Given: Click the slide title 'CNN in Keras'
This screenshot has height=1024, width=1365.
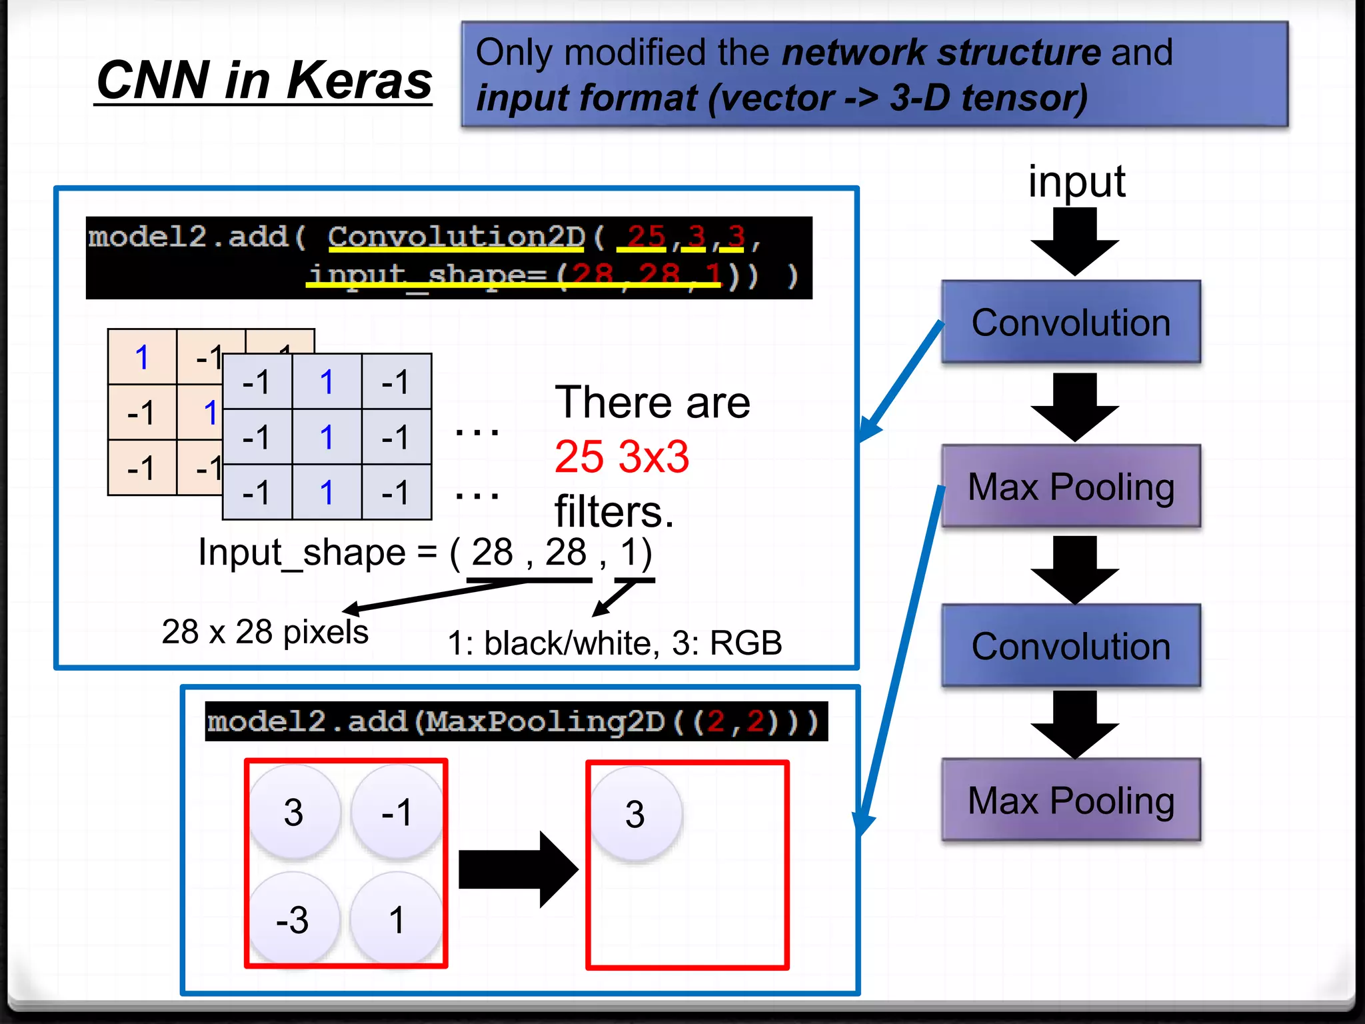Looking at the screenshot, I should click(264, 81).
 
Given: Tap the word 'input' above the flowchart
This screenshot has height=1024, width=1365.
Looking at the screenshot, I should click(1076, 181).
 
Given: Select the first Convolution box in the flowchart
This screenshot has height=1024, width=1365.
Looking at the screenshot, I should click(1070, 323).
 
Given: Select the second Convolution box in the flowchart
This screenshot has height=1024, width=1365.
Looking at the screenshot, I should click(1070, 646).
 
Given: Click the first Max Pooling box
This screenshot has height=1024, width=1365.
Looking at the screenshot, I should click(1070, 487).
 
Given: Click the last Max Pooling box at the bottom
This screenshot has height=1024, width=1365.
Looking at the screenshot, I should click(1070, 800).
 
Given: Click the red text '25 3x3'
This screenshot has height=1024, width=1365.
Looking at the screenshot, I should click(621, 457).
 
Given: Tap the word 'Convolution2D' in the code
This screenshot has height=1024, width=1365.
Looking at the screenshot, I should click(456, 237).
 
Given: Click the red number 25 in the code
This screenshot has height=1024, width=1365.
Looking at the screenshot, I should click(645, 237).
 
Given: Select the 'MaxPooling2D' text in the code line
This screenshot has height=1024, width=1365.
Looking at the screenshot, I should click(545, 721).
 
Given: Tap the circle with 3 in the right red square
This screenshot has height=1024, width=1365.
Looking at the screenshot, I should click(635, 814).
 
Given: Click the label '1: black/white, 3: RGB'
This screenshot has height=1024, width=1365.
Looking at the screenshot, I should click(615, 643).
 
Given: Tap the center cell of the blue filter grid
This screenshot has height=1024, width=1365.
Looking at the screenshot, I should click(327, 437).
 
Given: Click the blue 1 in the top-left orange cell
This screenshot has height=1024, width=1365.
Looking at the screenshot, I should click(142, 357).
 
